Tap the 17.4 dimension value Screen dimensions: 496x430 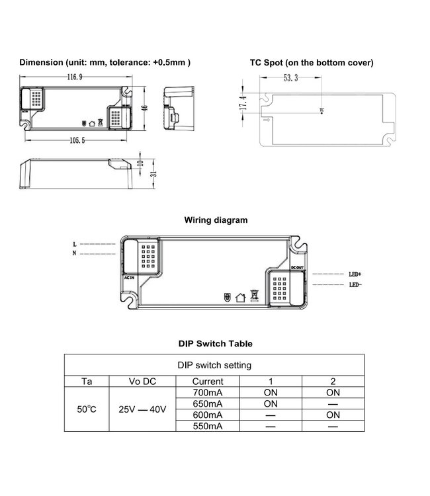point(244,104)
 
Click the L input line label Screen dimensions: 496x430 point(75,244)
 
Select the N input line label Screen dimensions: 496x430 point(75,253)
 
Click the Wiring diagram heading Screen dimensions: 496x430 point(215,220)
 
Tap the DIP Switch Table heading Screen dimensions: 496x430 point(215,344)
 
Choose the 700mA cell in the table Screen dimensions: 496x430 point(207,392)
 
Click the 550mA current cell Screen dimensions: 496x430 point(207,426)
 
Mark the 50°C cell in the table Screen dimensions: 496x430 point(87,409)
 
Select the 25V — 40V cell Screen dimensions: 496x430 point(143,409)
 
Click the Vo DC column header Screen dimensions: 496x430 point(143,381)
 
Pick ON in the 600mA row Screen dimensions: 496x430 point(332,415)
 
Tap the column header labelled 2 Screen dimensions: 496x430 point(332,381)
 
